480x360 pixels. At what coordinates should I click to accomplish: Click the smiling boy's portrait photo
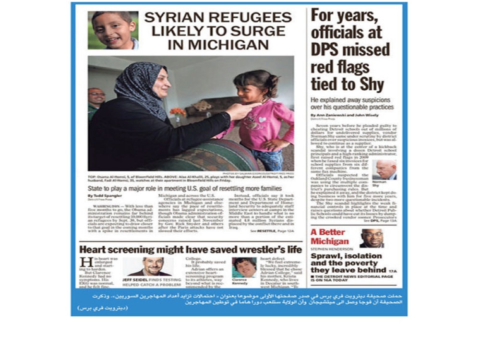click(x=113, y=30)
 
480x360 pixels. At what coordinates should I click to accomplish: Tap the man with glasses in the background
click(x=96, y=102)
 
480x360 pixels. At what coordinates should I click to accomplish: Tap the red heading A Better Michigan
click(x=329, y=237)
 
